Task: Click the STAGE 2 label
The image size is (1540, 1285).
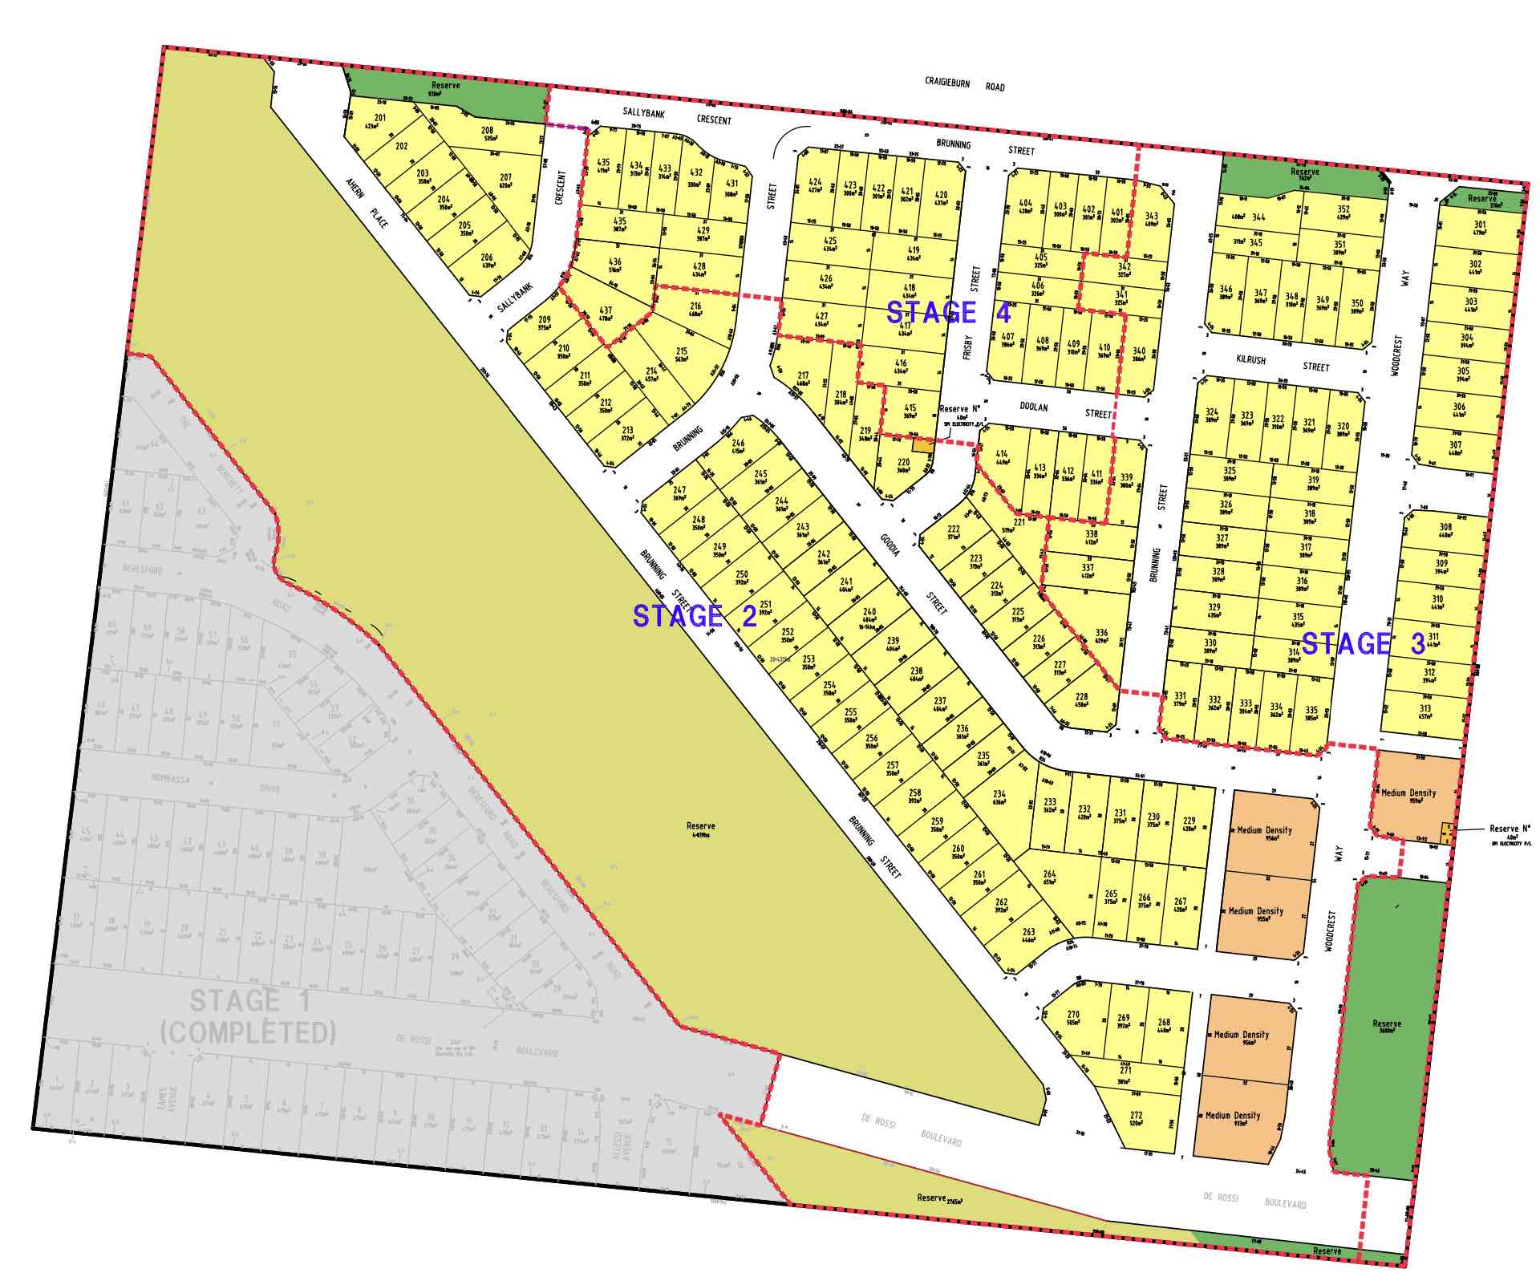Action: pyautogui.click(x=695, y=616)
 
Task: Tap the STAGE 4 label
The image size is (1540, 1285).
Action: pyautogui.click(x=948, y=312)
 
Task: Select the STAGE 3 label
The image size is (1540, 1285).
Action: pyautogui.click(x=1363, y=643)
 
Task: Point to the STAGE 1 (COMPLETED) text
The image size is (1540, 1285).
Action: pyautogui.click(x=248, y=1016)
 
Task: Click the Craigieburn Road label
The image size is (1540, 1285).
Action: pyautogui.click(x=964, y=84)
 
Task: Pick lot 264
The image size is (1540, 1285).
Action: pyautogui.click(x=1049, y=878)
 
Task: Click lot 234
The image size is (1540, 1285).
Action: pyautogui.click(x=999, y=797)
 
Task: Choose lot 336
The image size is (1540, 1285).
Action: pyautogui.click(x=1101, y=636)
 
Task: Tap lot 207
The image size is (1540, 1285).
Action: pyautogui.click(x=505, y=181)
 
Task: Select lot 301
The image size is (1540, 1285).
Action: pyautogui.click(x=1480, y=229)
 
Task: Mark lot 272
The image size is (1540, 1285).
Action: pyautogui.click(x=1136, y=1119)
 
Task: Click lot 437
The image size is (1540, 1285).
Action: pyautogui.click(x=606, y=314)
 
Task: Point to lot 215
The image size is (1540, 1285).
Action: pyautogui.click(x=682, y=355)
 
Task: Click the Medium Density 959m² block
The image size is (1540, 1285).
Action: pyautogui.click(x=1408, y=796)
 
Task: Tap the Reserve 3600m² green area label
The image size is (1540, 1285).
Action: pyautogui.click(x=1386, y=1026)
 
